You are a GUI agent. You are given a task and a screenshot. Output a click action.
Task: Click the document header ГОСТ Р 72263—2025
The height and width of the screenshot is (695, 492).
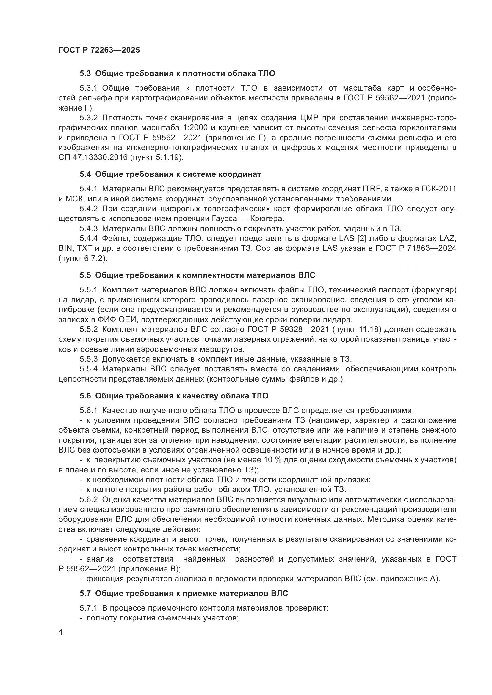pyautogui.click(x=99, y=50)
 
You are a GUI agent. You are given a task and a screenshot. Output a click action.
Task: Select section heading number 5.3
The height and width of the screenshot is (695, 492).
pyautogui.click(x=85, y=74)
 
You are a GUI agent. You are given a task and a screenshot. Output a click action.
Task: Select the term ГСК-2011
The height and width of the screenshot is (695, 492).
pyautogui.click(x=438, y=189)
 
